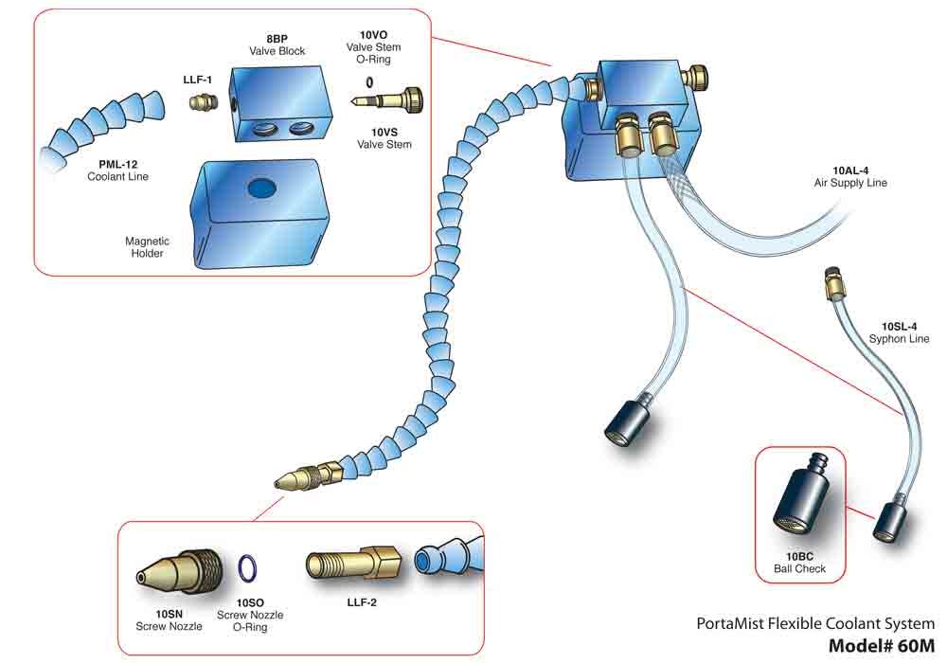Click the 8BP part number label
277,39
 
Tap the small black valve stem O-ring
369,81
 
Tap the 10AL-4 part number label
851,170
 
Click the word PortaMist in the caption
732,624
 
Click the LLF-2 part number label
354,602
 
